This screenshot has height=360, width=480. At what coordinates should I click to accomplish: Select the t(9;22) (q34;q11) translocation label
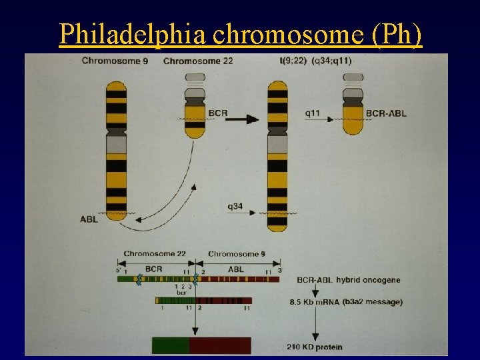point(316,61)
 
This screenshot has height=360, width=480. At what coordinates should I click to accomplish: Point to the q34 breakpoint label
point(235,206)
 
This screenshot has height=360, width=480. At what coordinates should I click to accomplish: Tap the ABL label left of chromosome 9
point(89,219)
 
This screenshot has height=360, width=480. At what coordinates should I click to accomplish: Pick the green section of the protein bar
point(171,345)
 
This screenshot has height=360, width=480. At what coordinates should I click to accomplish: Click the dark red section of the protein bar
point(220,345)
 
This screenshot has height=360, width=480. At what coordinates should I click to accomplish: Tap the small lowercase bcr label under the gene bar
point(181,292)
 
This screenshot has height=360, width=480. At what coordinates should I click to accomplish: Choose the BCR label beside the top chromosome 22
point(217,113)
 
